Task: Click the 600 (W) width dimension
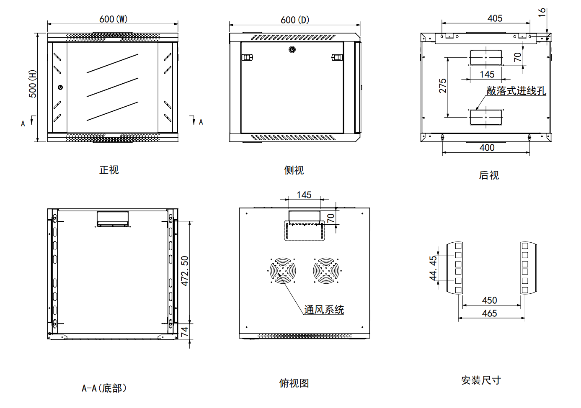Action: point(114,19)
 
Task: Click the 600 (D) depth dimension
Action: point(295,20)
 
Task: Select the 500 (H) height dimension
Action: point(33,84)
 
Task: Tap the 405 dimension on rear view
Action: point(495,18)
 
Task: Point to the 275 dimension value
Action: point(443,86)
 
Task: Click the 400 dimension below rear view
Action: point(487,148)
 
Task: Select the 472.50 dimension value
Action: point(185,271)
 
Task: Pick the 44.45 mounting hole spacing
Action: point(433,268)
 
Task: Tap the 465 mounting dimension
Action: point(489,313)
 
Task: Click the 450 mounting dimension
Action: point(489,300)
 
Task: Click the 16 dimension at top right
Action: point(542,13)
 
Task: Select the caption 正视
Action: point(109,170)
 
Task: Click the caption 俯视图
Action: point(294,383)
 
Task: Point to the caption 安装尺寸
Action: point(481,380)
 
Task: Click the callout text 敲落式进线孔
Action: point(516,91)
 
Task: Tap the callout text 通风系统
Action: point(324,310)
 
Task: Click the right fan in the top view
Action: point(326,270)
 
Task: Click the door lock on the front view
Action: point(60,87)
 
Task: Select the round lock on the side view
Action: point(292,49)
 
